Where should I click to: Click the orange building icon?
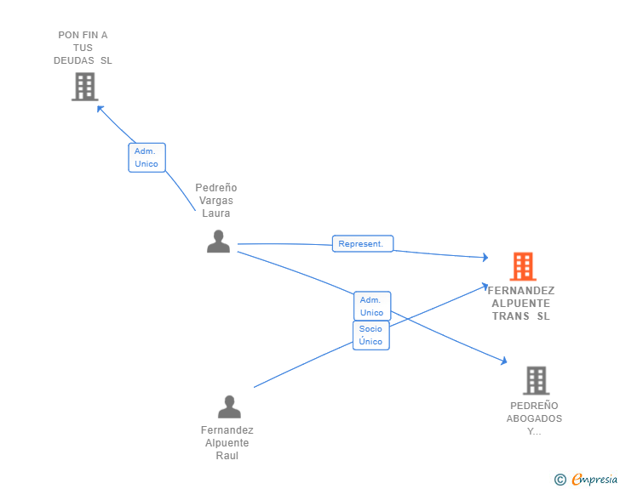click(x=523, y=266)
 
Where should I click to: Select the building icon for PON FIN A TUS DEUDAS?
click(x=85, y=87)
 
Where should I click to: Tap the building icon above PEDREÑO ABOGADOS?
click(x=537, y=380)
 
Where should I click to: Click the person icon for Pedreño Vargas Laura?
click(x=218, y=241)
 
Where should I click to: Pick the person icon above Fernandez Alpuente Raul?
click(x=229, y=407)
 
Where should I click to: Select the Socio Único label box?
click(x=371, y=335)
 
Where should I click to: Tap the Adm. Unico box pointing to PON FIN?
click(x=146, y=157)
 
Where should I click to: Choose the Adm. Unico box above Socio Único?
click(x=372, y=306)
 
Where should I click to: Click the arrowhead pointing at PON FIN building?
click(x=100, y=108)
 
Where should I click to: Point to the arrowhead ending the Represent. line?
click(x=485, y=257)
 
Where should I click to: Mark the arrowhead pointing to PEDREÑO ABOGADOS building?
click(x=504, y=361)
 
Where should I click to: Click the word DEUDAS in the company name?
click(x=74, y=60)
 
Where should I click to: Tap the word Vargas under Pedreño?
click(x=216, y=200)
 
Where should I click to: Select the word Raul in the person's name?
click(x=227, y=456)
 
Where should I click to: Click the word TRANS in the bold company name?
click(x=510, y=316)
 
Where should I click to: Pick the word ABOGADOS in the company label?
click(x=534, y=418)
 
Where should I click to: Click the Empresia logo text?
click(x=594, y=479)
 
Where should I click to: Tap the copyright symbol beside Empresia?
click(x=560, y=480)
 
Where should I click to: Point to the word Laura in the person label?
click(x=216, y=213)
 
